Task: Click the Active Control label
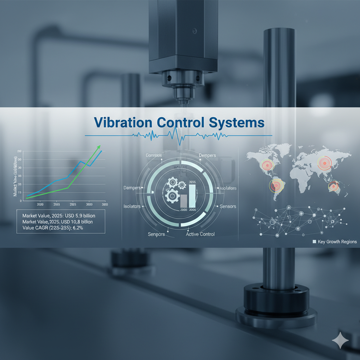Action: click(200, 234)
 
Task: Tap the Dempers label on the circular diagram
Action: click(207, 156)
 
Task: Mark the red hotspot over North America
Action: click(267, 165)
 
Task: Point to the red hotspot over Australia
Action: click(333, 186)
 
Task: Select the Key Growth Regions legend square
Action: click(314, 242)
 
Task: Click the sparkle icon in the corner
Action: click(340, 340)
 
